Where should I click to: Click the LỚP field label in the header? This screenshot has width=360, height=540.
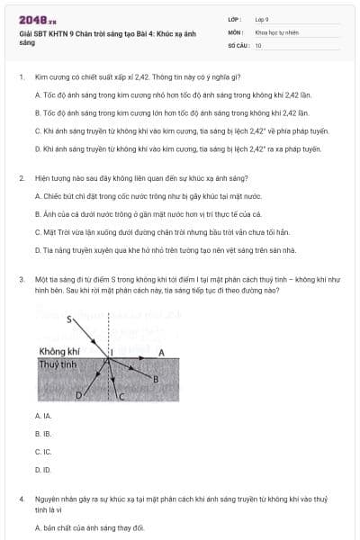(235, 18)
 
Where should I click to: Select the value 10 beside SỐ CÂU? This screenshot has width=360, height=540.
(258, 44)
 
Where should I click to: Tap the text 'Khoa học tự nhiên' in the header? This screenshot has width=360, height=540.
(275, 31)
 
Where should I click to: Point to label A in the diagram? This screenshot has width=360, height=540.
(161, 352)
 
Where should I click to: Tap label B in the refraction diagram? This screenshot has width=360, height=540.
(155, 379)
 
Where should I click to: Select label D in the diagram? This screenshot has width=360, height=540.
(77, 394)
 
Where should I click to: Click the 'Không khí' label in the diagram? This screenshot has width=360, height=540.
(58, 352)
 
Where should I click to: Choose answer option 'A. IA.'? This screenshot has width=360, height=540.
(43, 416)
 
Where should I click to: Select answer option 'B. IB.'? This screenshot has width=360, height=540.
(43, 434)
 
